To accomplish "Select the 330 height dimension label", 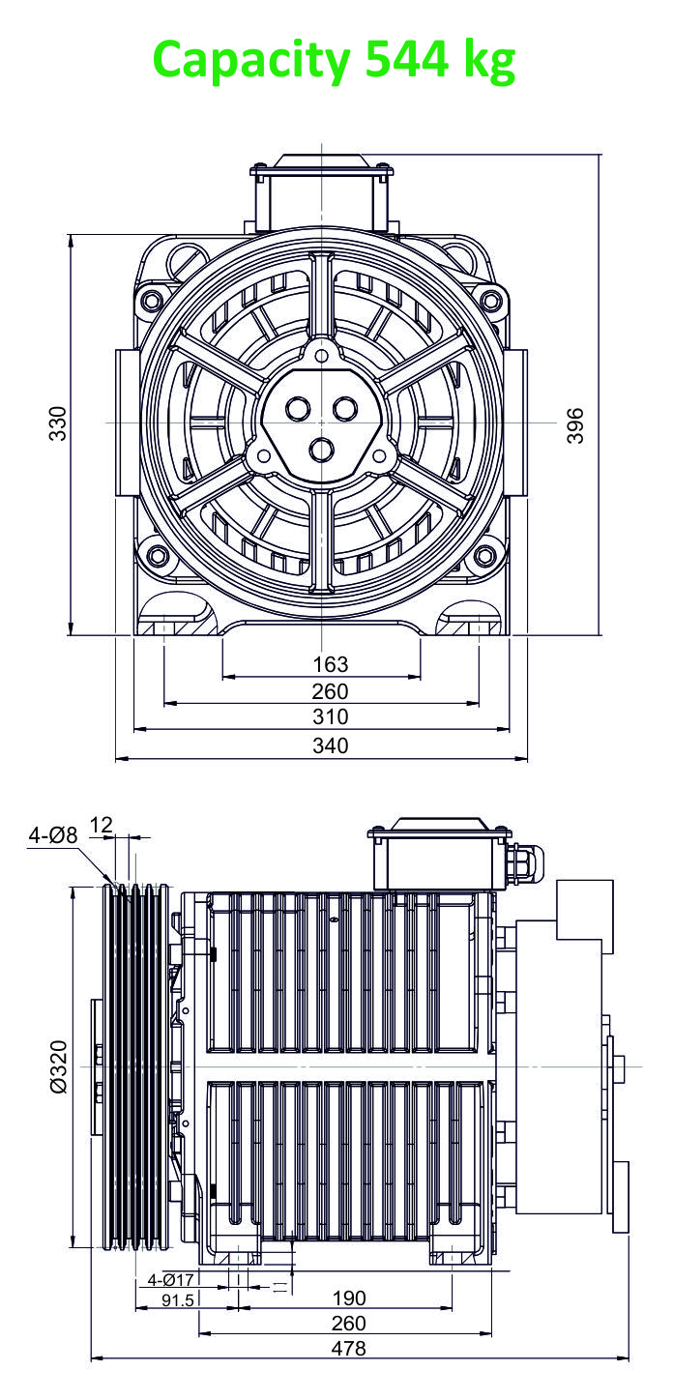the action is coord(57,423).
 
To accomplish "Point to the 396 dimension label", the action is coord(575,425).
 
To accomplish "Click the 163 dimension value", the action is coord(330,664).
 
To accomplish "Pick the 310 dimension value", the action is coord(330,716).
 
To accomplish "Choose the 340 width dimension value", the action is coord(330,745).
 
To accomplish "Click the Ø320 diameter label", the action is coord(58,1066).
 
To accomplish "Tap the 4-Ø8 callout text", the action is coord(53,835).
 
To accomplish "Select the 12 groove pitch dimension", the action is coord(101,825).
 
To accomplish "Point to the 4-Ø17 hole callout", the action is coord(170,1279).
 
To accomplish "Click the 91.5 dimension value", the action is coord(178,1300).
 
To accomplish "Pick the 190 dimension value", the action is coord(349,1298).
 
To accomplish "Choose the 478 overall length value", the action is coord(348,1348).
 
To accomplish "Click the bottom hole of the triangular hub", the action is coord(322,450).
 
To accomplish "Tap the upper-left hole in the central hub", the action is coord(298,409).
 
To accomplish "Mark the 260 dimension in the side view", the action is coord(348,1323).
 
